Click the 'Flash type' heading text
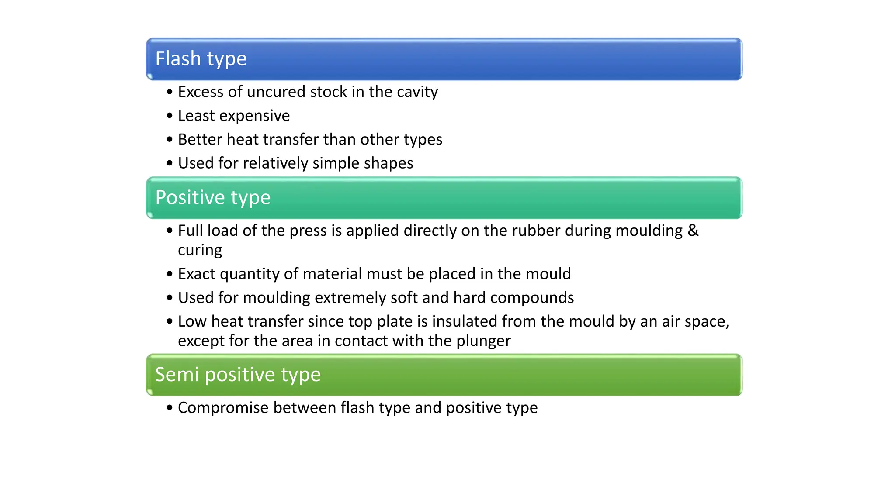201,59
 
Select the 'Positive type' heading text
213,198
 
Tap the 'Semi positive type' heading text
238,375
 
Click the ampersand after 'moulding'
693,231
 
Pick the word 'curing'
200,251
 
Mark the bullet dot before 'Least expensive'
170,116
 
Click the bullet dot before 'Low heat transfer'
170,322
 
